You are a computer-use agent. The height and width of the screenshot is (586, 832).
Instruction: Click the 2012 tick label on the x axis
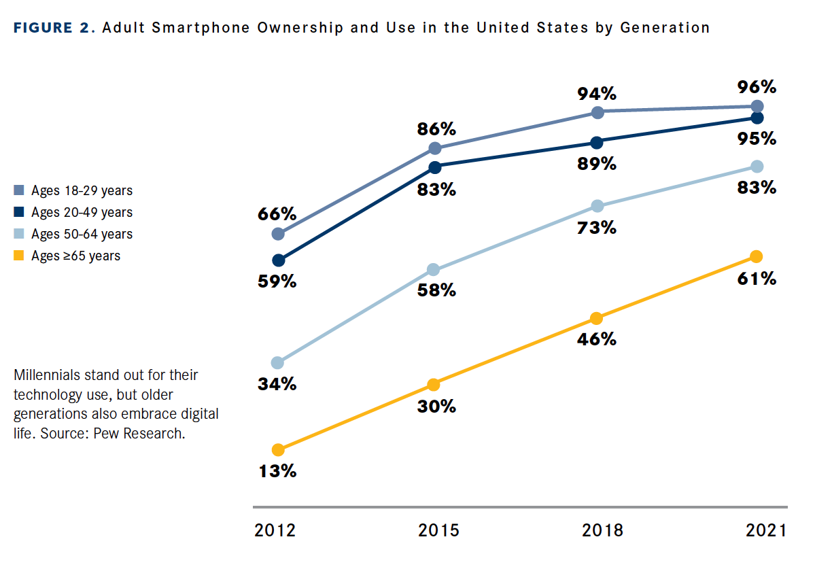point(275,530)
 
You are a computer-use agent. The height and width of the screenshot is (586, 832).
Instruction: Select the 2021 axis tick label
point(765,530)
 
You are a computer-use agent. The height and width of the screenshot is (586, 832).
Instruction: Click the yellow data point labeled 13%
point(277,449)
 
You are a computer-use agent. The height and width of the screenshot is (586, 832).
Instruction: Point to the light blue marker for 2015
point(433,270)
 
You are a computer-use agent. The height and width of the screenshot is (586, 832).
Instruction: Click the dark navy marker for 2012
point(277,260)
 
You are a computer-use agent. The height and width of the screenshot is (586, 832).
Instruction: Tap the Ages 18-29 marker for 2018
point(597,112)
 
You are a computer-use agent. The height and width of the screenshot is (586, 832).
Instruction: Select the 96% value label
point(757,87)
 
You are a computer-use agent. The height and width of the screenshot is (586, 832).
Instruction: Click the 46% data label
point(596,339)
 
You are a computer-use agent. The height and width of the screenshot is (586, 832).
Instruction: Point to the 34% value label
point(277,384)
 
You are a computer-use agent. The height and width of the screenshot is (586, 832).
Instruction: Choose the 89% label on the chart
point(596,164)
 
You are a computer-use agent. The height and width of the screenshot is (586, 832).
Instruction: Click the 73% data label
point(596,228)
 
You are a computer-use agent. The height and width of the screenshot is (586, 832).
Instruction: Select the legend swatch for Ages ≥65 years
point(19,256)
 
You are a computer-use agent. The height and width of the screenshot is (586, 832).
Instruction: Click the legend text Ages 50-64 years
point(82,234)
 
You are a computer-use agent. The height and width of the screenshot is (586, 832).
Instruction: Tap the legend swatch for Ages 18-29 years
point(19,190)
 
